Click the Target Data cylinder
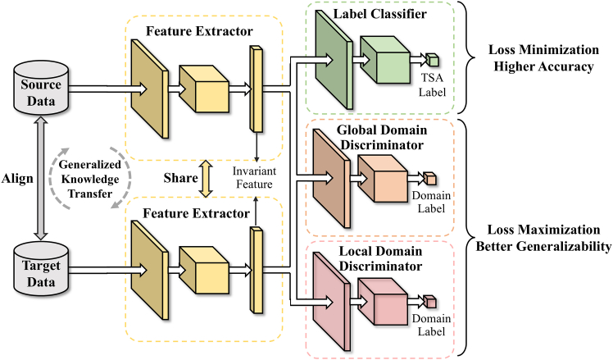tap(41, 269)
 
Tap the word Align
tap(17, 179)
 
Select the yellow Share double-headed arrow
tap(206, 179)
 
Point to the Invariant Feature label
tap(254, 178)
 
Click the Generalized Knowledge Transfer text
tap(90, 179)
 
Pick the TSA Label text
tap(432, 85)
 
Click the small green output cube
tap(433, 60)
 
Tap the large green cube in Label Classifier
tap(385, 60)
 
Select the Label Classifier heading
tap(379, 14)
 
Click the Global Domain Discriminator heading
tap(382, 137)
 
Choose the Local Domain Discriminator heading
tap(380, 258)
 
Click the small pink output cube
tap(429, 302)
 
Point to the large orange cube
tap(383, 179)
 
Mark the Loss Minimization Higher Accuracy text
tap(543, 58)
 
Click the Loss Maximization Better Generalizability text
tap(543, 238)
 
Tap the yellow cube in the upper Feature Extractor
tap(204, 89)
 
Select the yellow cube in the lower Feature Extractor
tap(204, 270)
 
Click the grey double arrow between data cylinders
tap(41, 179)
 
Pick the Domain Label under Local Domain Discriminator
tap(431, 325)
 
